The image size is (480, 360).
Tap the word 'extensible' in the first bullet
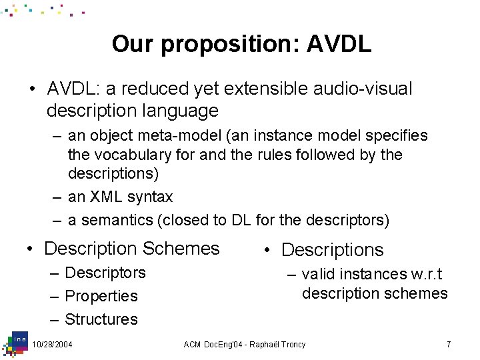pyautogui.click(x=269, y=89)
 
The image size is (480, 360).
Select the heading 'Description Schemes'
pyautogui.click(x=131, y=249)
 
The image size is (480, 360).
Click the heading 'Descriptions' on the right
pyautogui.click(x=332, y=250)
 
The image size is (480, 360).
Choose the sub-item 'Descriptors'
pyautogui.click(x=105, y=273)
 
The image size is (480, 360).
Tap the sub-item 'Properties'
pyautogui.click(x=101, y=296)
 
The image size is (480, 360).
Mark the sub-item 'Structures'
pyautogui.click(x=101, y=319)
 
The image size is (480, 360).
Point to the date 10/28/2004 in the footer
pyautogui.click(x=53, y=344)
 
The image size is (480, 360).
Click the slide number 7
pyautogui.click(x=449, y=344)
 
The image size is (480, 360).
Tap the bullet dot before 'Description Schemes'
pyautogui.click(x=31, y=249)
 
